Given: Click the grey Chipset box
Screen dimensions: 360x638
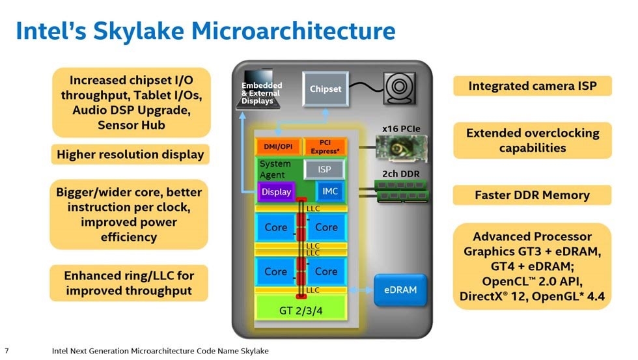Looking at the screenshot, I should point(326,89).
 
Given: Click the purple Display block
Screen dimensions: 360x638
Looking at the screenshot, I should point(276,192).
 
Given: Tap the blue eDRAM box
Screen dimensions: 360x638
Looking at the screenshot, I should point(400,290).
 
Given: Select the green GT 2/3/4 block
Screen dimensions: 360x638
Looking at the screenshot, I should point(300,311).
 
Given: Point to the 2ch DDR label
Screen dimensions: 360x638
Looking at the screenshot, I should point(399,174).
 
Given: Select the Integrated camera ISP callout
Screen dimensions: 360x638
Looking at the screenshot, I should point(532,85).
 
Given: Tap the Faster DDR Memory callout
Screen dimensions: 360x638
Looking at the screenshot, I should point(532,195).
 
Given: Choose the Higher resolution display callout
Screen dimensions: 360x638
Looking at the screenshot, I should point(130,154).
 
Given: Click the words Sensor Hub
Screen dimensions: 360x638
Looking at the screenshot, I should point(131,125).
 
